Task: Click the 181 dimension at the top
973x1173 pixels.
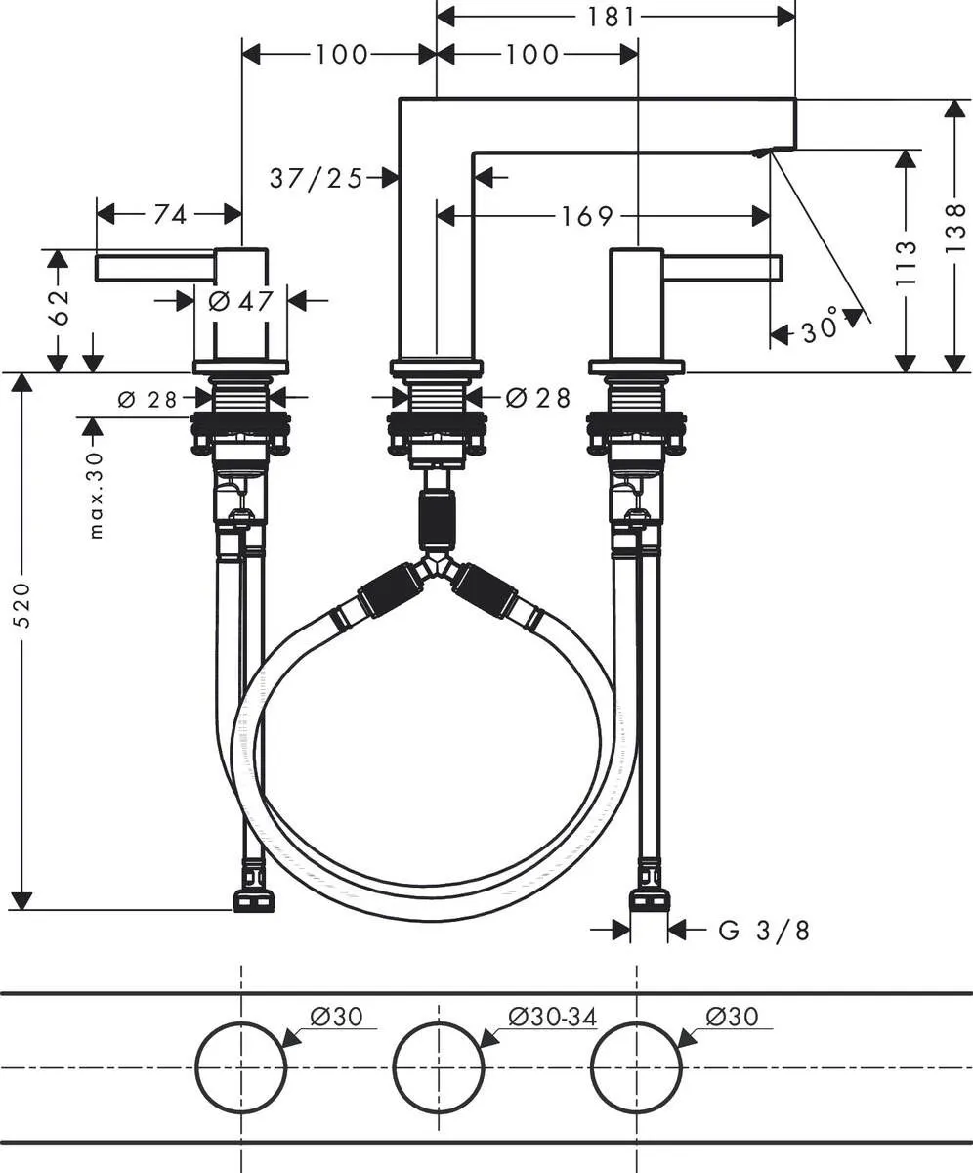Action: point(613,17)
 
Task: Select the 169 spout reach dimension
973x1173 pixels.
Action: point(588,216)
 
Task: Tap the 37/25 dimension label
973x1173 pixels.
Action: point(316,178)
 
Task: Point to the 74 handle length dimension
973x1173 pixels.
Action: point(170,215)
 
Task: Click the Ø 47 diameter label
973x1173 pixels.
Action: point(240,301)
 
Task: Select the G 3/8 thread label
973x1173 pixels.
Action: point(764,931)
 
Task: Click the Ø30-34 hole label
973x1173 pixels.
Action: point(552,1017)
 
